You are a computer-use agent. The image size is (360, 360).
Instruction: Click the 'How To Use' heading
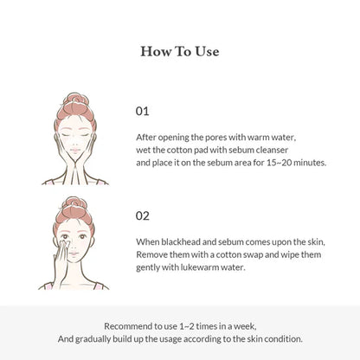coord(180,51)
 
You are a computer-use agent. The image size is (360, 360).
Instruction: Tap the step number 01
coord(144,111)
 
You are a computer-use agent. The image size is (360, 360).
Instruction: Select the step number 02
coord(144,216)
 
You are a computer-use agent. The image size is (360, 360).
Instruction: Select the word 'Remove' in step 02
coord(154,255)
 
